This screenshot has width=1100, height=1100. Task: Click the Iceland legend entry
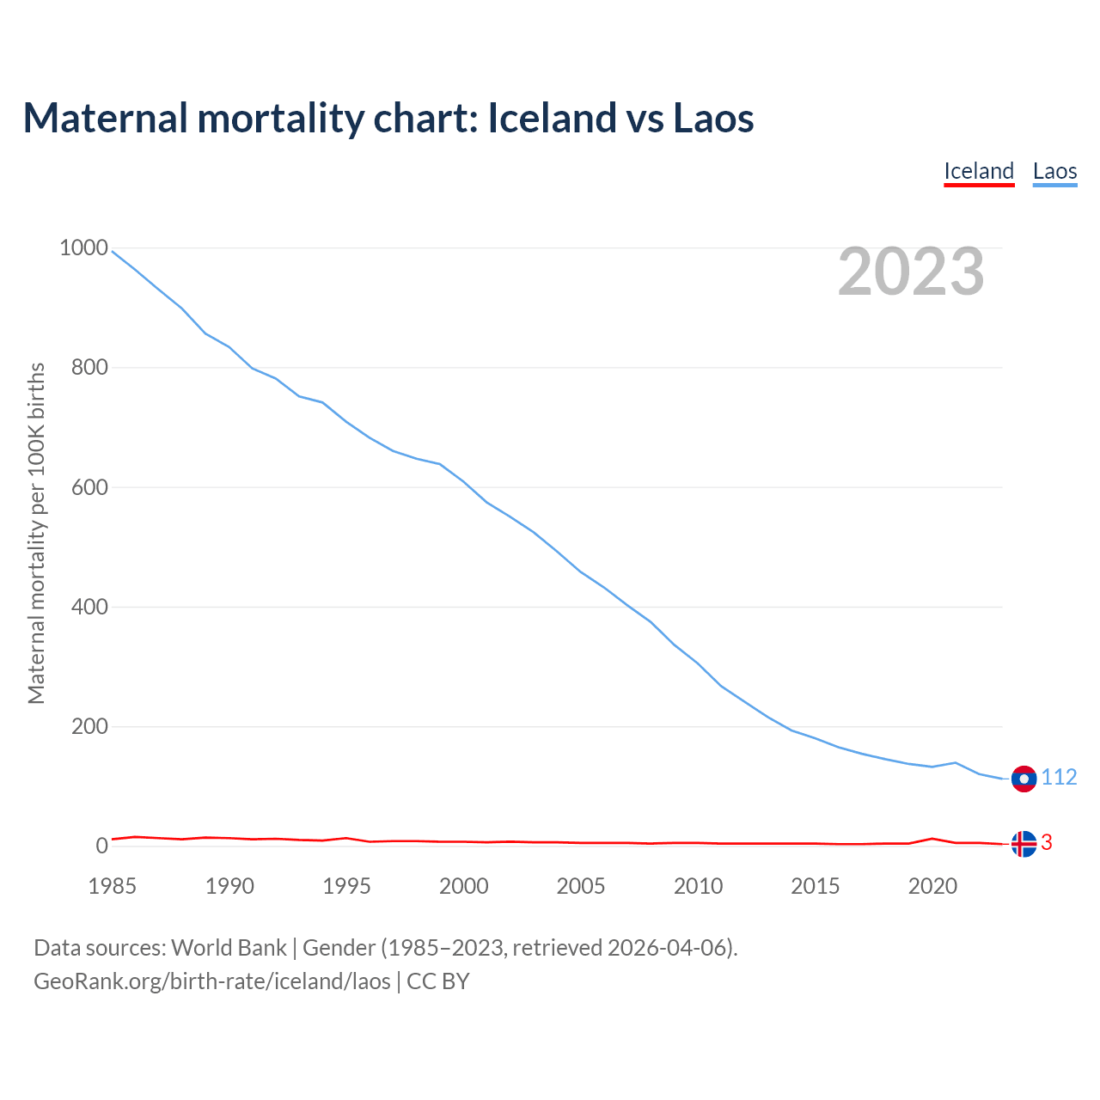tap(979, 171)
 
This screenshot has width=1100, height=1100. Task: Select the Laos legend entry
tap(1054, 171)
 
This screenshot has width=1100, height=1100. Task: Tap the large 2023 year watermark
tap(911, 272)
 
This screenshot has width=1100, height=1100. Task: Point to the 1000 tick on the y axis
tap(83, 248)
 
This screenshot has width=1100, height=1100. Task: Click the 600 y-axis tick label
tap(89, 487)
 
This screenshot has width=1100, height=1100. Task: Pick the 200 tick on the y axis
tap(89, 726)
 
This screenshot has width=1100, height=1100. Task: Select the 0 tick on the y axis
tap(102, 846)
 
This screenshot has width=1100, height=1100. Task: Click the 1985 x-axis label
tap(113, 886)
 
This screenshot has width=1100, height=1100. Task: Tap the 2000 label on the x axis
tap(464, 886)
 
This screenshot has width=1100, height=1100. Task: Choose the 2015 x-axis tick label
tap(816, 886)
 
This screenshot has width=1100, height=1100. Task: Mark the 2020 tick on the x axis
tap(932, 886)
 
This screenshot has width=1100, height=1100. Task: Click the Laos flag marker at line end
tap(1024, 779)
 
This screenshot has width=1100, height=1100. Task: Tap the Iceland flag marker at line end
tap(1024, 844)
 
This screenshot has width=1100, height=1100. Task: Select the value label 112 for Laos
tap(1059, 778)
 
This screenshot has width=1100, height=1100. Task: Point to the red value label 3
tap(1047, 843)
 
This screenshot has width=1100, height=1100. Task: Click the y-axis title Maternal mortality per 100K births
tap(36, 533)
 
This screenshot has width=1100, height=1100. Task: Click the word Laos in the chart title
tap(713, 118)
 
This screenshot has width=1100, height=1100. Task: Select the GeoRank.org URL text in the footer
tap(212, 981)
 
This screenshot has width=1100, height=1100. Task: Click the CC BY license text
tap(438, 981)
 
